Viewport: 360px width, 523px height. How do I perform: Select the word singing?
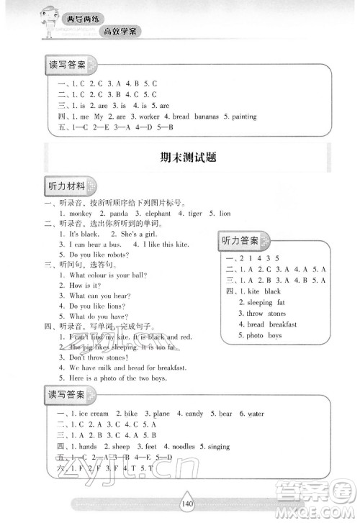coord(215,447)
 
